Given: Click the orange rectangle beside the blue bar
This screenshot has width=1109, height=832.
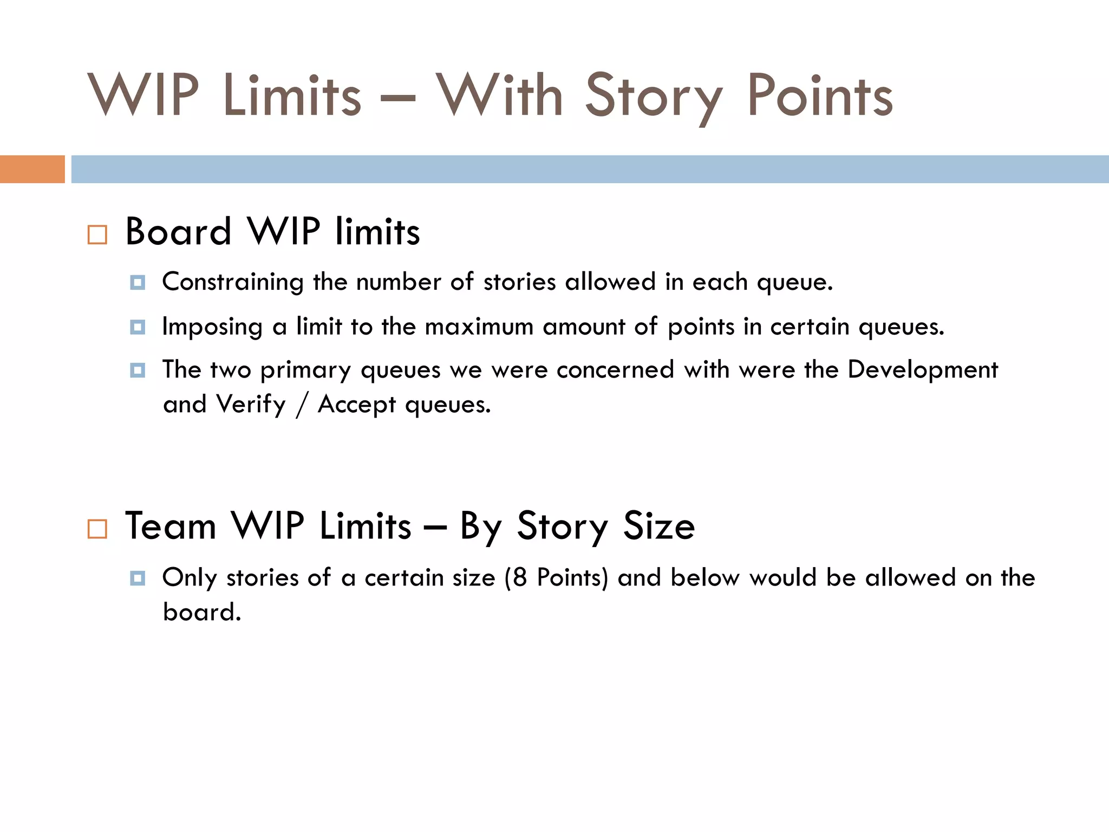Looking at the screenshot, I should pyautogui.click(x=32, y=169).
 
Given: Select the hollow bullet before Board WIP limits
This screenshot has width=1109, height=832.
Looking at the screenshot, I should pyautogui.click(x=97, y=235).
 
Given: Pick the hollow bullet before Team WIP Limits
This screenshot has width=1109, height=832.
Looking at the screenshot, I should pyautogui.click(x=97, y=529).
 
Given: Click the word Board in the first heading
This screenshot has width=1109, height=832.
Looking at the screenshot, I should pyautogui.click(x=178, y=232).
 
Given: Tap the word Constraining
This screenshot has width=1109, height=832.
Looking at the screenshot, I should pyautogui.click(x=233, y=282).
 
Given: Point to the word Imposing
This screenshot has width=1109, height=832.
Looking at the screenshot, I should pyautogui.click(x=212, y=327).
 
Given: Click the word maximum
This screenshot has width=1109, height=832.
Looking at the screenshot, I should pyautogui.click(x=479, y=327).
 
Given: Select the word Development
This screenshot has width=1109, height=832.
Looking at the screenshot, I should pyautogui.click(x=922, y=370).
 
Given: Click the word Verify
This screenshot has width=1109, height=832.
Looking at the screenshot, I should pyautogui.click(x=251, y=405).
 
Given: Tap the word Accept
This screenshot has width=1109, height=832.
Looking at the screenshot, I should pyautogui.click(x=356, y=405).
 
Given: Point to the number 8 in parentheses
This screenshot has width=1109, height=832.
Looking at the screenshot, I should pyautogui.click(x=520, y=577).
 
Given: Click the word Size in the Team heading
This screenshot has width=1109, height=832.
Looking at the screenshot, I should pyautogui.click(x=659, y=526).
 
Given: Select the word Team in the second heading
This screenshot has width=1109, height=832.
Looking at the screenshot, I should pyautogui.click(x=171, y=526).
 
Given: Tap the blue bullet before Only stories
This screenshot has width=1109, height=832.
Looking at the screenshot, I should pyautogui.click(x=138, y=578).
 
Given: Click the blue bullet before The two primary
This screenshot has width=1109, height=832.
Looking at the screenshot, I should pyautogui.click(x=138, y=370).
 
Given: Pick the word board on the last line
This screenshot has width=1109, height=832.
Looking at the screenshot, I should pyautogui.click(x=201, y=612).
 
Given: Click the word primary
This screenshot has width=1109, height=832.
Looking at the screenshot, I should pyautogui.click(x=305, y=371).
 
